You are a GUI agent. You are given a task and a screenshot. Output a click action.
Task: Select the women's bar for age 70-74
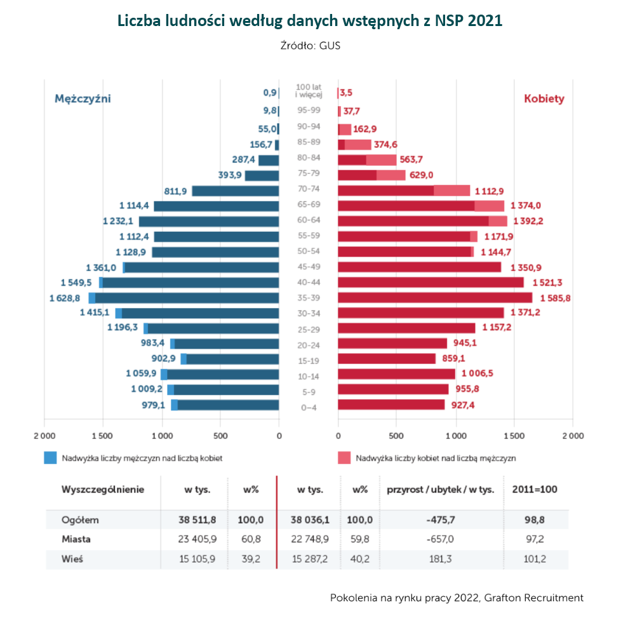point(404,190)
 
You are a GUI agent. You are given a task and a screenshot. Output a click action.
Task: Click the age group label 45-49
point(308,267)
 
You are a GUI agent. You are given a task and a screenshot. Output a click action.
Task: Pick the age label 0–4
point(308,407)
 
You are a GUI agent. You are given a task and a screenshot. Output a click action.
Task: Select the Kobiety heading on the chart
point(544,98)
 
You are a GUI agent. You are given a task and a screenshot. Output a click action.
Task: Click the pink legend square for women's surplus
point(344,457)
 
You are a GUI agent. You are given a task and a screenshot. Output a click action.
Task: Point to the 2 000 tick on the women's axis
point(572,436)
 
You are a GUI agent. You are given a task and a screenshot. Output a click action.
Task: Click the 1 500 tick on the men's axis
point(103,436)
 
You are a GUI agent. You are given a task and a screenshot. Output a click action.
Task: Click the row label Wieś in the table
point(72,559)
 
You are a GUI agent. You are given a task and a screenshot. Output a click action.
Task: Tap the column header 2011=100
point(535,490)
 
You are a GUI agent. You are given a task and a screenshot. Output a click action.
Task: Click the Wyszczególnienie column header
point(102,490)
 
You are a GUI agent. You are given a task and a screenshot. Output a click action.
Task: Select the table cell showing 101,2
point(535,559)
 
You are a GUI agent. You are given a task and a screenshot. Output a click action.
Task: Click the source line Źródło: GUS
point(310,46)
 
